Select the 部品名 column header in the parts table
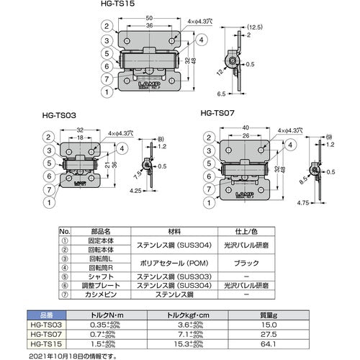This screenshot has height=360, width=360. [x=98, y=232]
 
